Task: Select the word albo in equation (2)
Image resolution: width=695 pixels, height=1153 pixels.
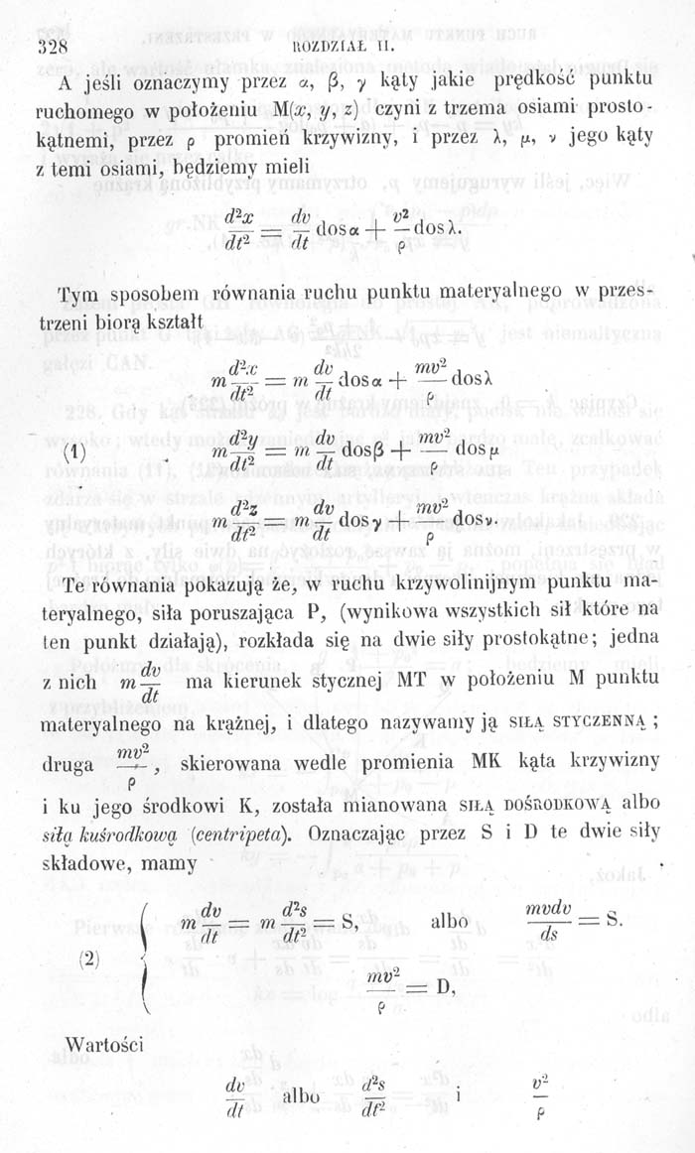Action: click(451, 919)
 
